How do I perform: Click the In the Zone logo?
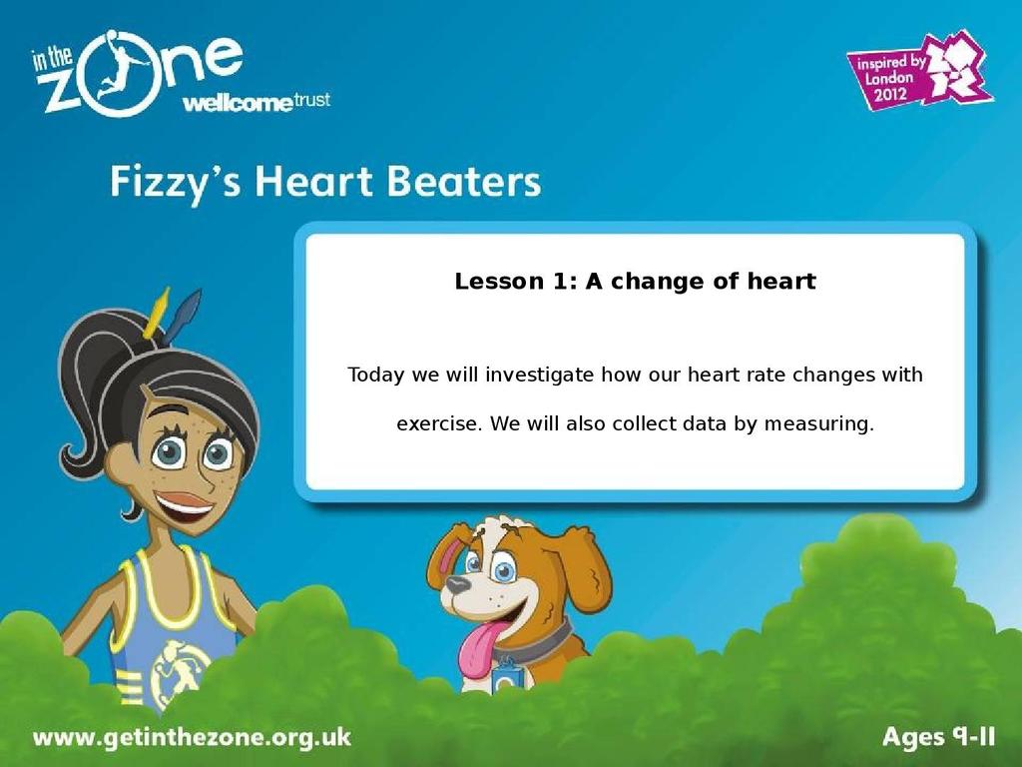[137, 72]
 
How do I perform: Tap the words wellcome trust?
[256, 103]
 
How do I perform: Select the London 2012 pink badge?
[919, 72]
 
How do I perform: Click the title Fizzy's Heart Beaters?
[325, 182]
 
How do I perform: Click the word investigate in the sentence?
[539, 376]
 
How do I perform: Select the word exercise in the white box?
[439, 423]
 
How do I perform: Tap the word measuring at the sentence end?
[818, 424]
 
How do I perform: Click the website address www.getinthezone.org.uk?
[192, 738]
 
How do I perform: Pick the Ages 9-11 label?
[938, 737]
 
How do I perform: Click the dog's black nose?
[457, 584]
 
